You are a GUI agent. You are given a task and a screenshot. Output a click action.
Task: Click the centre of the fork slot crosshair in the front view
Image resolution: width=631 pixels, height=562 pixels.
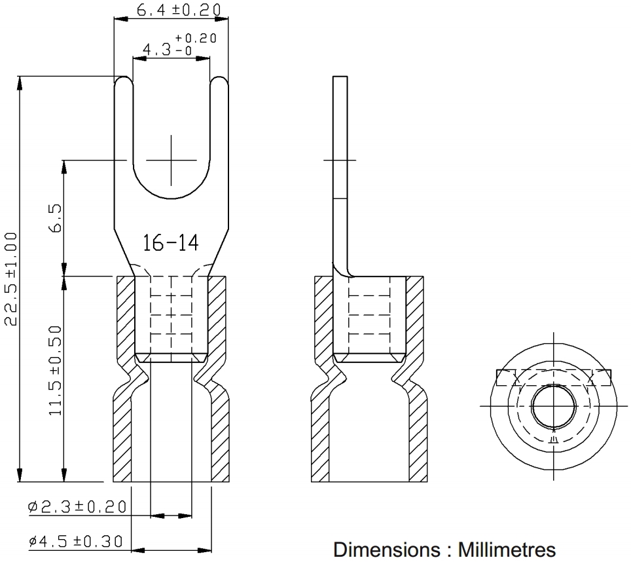coord(171,160)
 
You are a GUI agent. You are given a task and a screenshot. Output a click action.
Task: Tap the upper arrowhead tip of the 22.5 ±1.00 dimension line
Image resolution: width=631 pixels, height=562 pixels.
coord(20,76)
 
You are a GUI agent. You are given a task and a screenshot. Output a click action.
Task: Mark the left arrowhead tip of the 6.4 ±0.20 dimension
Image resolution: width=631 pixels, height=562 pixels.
coord(115,18)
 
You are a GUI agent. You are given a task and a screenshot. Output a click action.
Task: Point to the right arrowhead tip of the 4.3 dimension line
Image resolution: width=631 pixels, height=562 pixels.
coord(209,58)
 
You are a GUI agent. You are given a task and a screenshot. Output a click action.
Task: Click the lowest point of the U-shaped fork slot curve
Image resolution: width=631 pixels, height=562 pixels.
coord(171,198)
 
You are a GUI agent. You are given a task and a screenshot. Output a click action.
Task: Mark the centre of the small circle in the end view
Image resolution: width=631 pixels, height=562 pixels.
coord(553,406)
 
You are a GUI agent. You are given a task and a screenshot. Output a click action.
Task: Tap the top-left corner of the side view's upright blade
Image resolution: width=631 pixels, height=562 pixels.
coord(333,77)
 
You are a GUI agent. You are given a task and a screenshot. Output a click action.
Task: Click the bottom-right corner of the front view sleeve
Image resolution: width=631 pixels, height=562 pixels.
coord(229,481)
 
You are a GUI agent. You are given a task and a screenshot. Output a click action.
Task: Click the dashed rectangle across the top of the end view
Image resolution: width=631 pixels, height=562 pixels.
coord(554,377)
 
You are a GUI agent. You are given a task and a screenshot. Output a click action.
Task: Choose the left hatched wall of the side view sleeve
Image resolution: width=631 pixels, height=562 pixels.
coord(323,379)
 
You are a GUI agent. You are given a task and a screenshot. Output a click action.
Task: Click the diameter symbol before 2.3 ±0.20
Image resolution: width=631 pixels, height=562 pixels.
coord(33,506)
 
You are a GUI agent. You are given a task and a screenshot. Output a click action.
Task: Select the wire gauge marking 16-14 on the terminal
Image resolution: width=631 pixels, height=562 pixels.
coord(171,243)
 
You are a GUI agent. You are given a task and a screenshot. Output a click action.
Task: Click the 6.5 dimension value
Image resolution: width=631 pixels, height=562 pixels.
coord(55,218)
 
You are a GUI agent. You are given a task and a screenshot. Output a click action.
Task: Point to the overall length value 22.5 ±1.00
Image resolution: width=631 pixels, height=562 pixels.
coord(10,278)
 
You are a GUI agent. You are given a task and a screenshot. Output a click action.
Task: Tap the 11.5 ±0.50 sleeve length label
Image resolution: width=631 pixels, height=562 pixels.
coord(55,370)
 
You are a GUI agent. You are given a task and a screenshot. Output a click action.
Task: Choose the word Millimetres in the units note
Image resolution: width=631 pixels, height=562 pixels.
coord(507,550)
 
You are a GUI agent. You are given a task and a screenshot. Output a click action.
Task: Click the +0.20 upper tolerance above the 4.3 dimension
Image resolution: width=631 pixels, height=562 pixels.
coord(196,38)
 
